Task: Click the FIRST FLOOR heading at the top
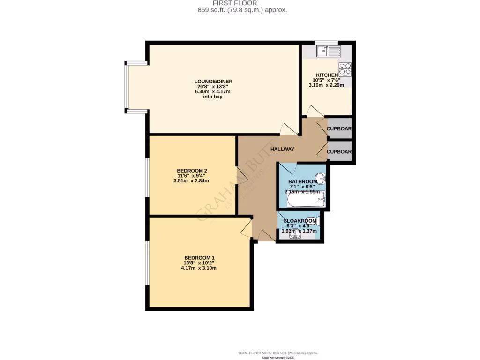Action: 240,3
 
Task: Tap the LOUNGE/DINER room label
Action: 214,82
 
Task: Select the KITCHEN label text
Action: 327,75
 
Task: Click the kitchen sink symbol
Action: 328,51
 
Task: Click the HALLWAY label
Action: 282,149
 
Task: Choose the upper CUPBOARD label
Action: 339,129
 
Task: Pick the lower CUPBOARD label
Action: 339,152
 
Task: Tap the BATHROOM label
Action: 302,181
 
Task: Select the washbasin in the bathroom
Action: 321,178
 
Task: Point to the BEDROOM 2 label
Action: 192,171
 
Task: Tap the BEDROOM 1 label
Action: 199,258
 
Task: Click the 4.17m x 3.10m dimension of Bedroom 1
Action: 199,268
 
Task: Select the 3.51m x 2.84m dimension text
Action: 191,181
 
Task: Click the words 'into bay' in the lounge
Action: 213,97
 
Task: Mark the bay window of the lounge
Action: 127,87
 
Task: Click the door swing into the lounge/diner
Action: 288,129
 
